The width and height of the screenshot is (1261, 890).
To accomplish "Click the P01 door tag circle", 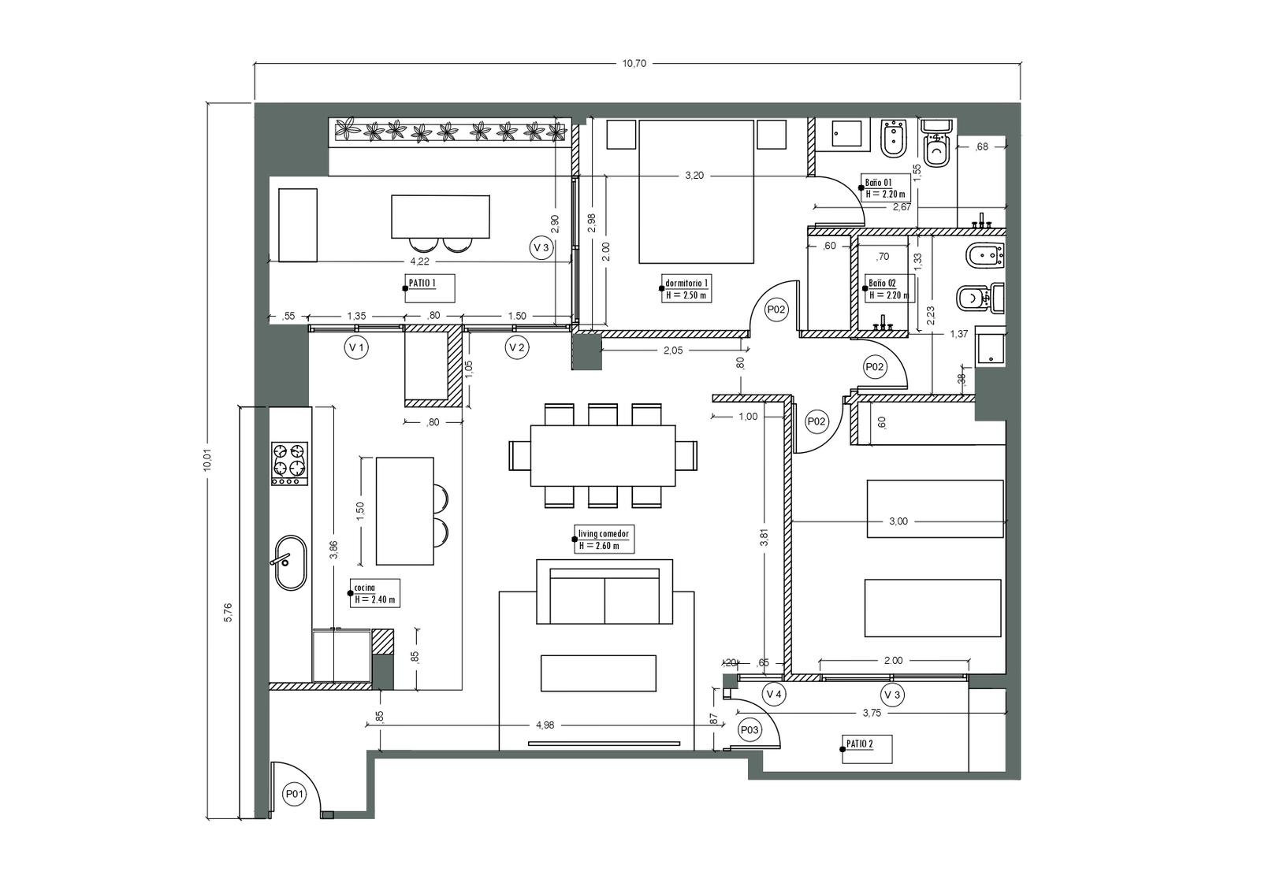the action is (x=295, y=795).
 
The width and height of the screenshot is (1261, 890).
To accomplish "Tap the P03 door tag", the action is (x=750, y=730).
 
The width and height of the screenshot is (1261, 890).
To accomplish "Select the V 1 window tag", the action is (x=356, y=347).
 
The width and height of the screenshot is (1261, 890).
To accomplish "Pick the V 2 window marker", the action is (x=517, y=347).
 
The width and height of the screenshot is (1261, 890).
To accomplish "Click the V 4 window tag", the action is (x=774, y=695).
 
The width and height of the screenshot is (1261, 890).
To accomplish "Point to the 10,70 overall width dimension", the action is (x=634, y=64).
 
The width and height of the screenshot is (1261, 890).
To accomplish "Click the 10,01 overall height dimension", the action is (x=208, y=460).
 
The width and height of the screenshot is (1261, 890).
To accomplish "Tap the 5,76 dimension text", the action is (x=228, y=612).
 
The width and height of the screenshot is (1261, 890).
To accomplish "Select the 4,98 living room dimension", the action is (x=545, y=725).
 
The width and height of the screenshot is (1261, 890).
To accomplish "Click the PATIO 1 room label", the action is (x=422, y=283).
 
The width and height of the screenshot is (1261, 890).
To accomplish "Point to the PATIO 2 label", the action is (x=860, y=744).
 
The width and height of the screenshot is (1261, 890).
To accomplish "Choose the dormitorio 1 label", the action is (x=686, y=283).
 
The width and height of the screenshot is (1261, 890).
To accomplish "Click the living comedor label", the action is (x=604, y=533).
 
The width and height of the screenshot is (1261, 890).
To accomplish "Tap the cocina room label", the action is (x=365, y=588).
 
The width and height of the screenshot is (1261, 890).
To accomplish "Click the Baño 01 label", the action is (x=879, y=183).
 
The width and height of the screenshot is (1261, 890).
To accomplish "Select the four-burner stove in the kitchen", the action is (x=290, y=464).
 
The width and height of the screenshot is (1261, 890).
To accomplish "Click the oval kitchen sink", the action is (x=291, y=562).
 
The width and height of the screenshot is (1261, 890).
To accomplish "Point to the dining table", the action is (x=603, y=456).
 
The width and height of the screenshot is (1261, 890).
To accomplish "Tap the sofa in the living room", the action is (x=604, y=591).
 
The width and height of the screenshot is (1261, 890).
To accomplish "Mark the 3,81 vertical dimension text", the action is (x=764, y=538).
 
